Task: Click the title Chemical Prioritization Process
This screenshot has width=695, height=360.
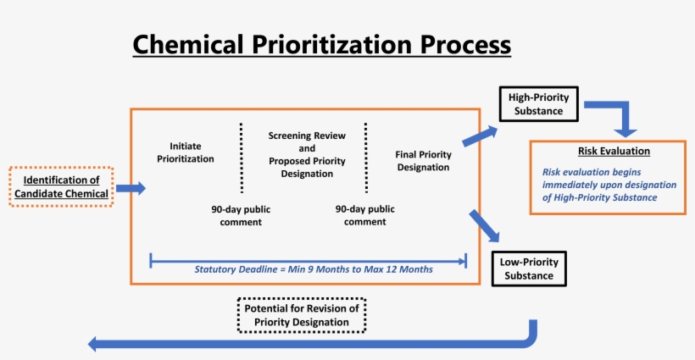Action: point(322,43)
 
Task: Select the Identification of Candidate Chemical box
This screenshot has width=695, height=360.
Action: point(61,186)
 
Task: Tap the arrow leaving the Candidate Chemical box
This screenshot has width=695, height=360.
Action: point(130,188)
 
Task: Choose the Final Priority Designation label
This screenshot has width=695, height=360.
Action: point(423,161)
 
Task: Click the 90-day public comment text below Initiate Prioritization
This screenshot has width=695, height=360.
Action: point(236,215)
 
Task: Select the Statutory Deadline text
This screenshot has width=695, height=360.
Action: point(314,269)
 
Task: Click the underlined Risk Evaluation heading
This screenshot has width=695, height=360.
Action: point(614,152)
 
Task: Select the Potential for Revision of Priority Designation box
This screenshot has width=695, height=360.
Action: point(302,315)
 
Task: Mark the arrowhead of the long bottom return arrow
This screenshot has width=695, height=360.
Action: point(96,343)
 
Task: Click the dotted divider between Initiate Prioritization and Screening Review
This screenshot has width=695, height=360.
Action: point(242,158)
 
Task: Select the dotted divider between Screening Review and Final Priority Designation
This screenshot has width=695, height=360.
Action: point(366,158)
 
